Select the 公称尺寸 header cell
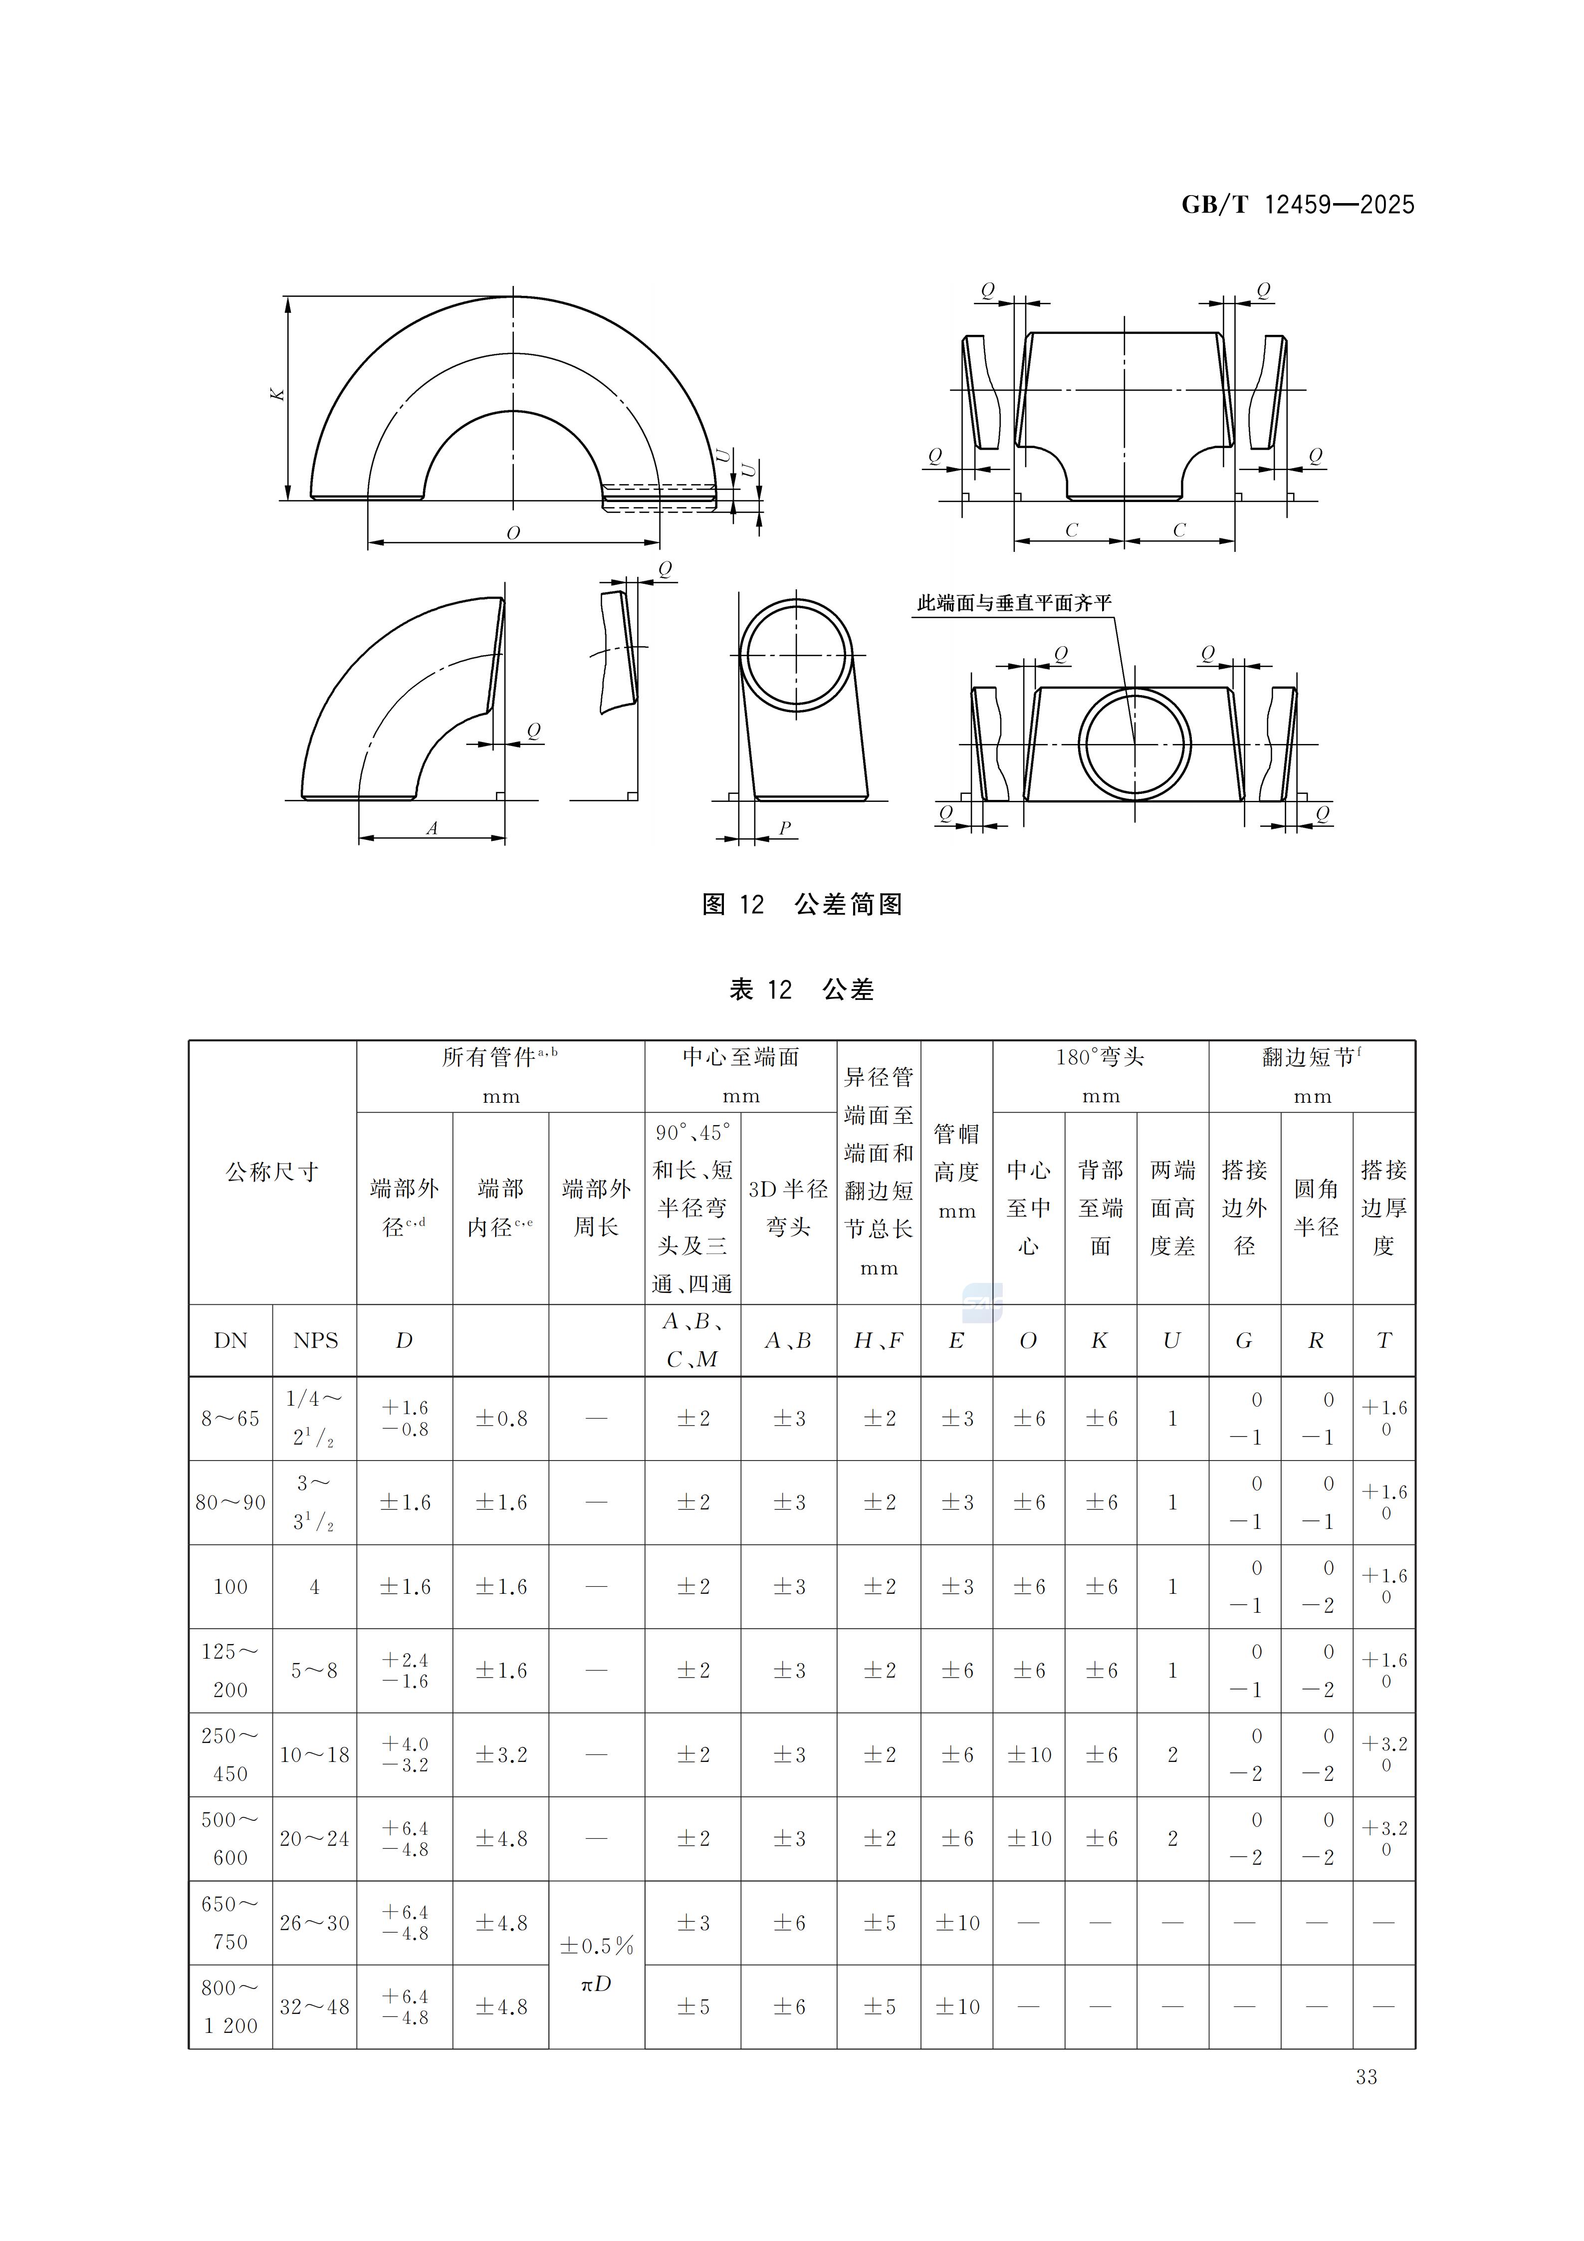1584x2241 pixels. point(272,1171)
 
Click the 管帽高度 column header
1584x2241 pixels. point(956,1171)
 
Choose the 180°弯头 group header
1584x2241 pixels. point(1100,1057)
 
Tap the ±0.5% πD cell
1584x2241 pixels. point(596,1964)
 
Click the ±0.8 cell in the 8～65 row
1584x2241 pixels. point(501,1418)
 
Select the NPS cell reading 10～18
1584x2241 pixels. point(314,1754)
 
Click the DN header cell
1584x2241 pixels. point(230,1340)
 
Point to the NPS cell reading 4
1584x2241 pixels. point(314,1586)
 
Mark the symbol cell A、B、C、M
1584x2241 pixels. point(692,1340)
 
